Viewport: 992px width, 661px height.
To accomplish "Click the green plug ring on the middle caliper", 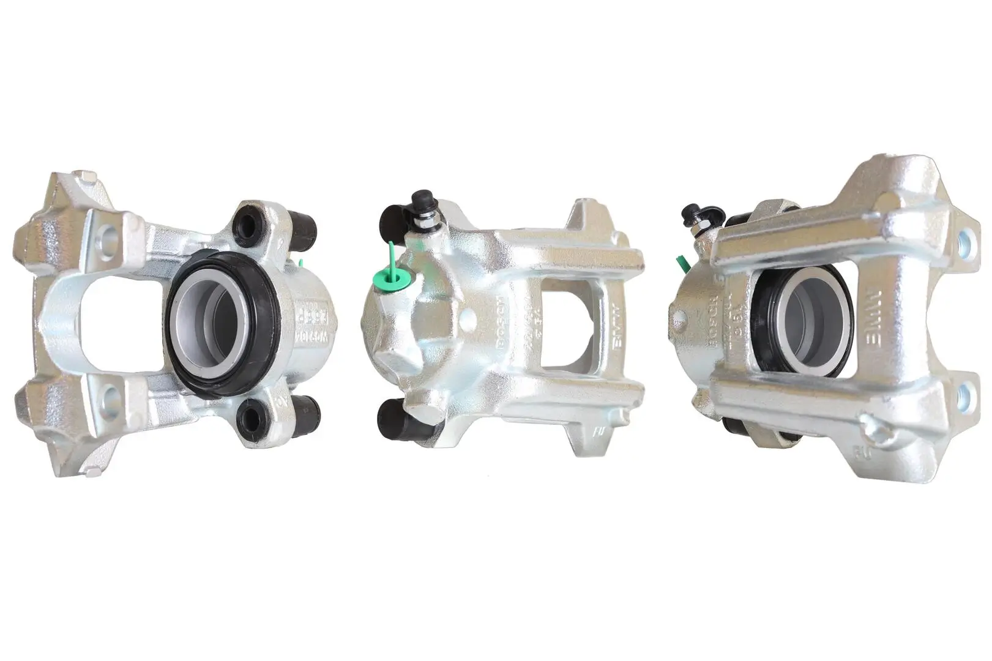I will pyautogui.click(x=392, y=279).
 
